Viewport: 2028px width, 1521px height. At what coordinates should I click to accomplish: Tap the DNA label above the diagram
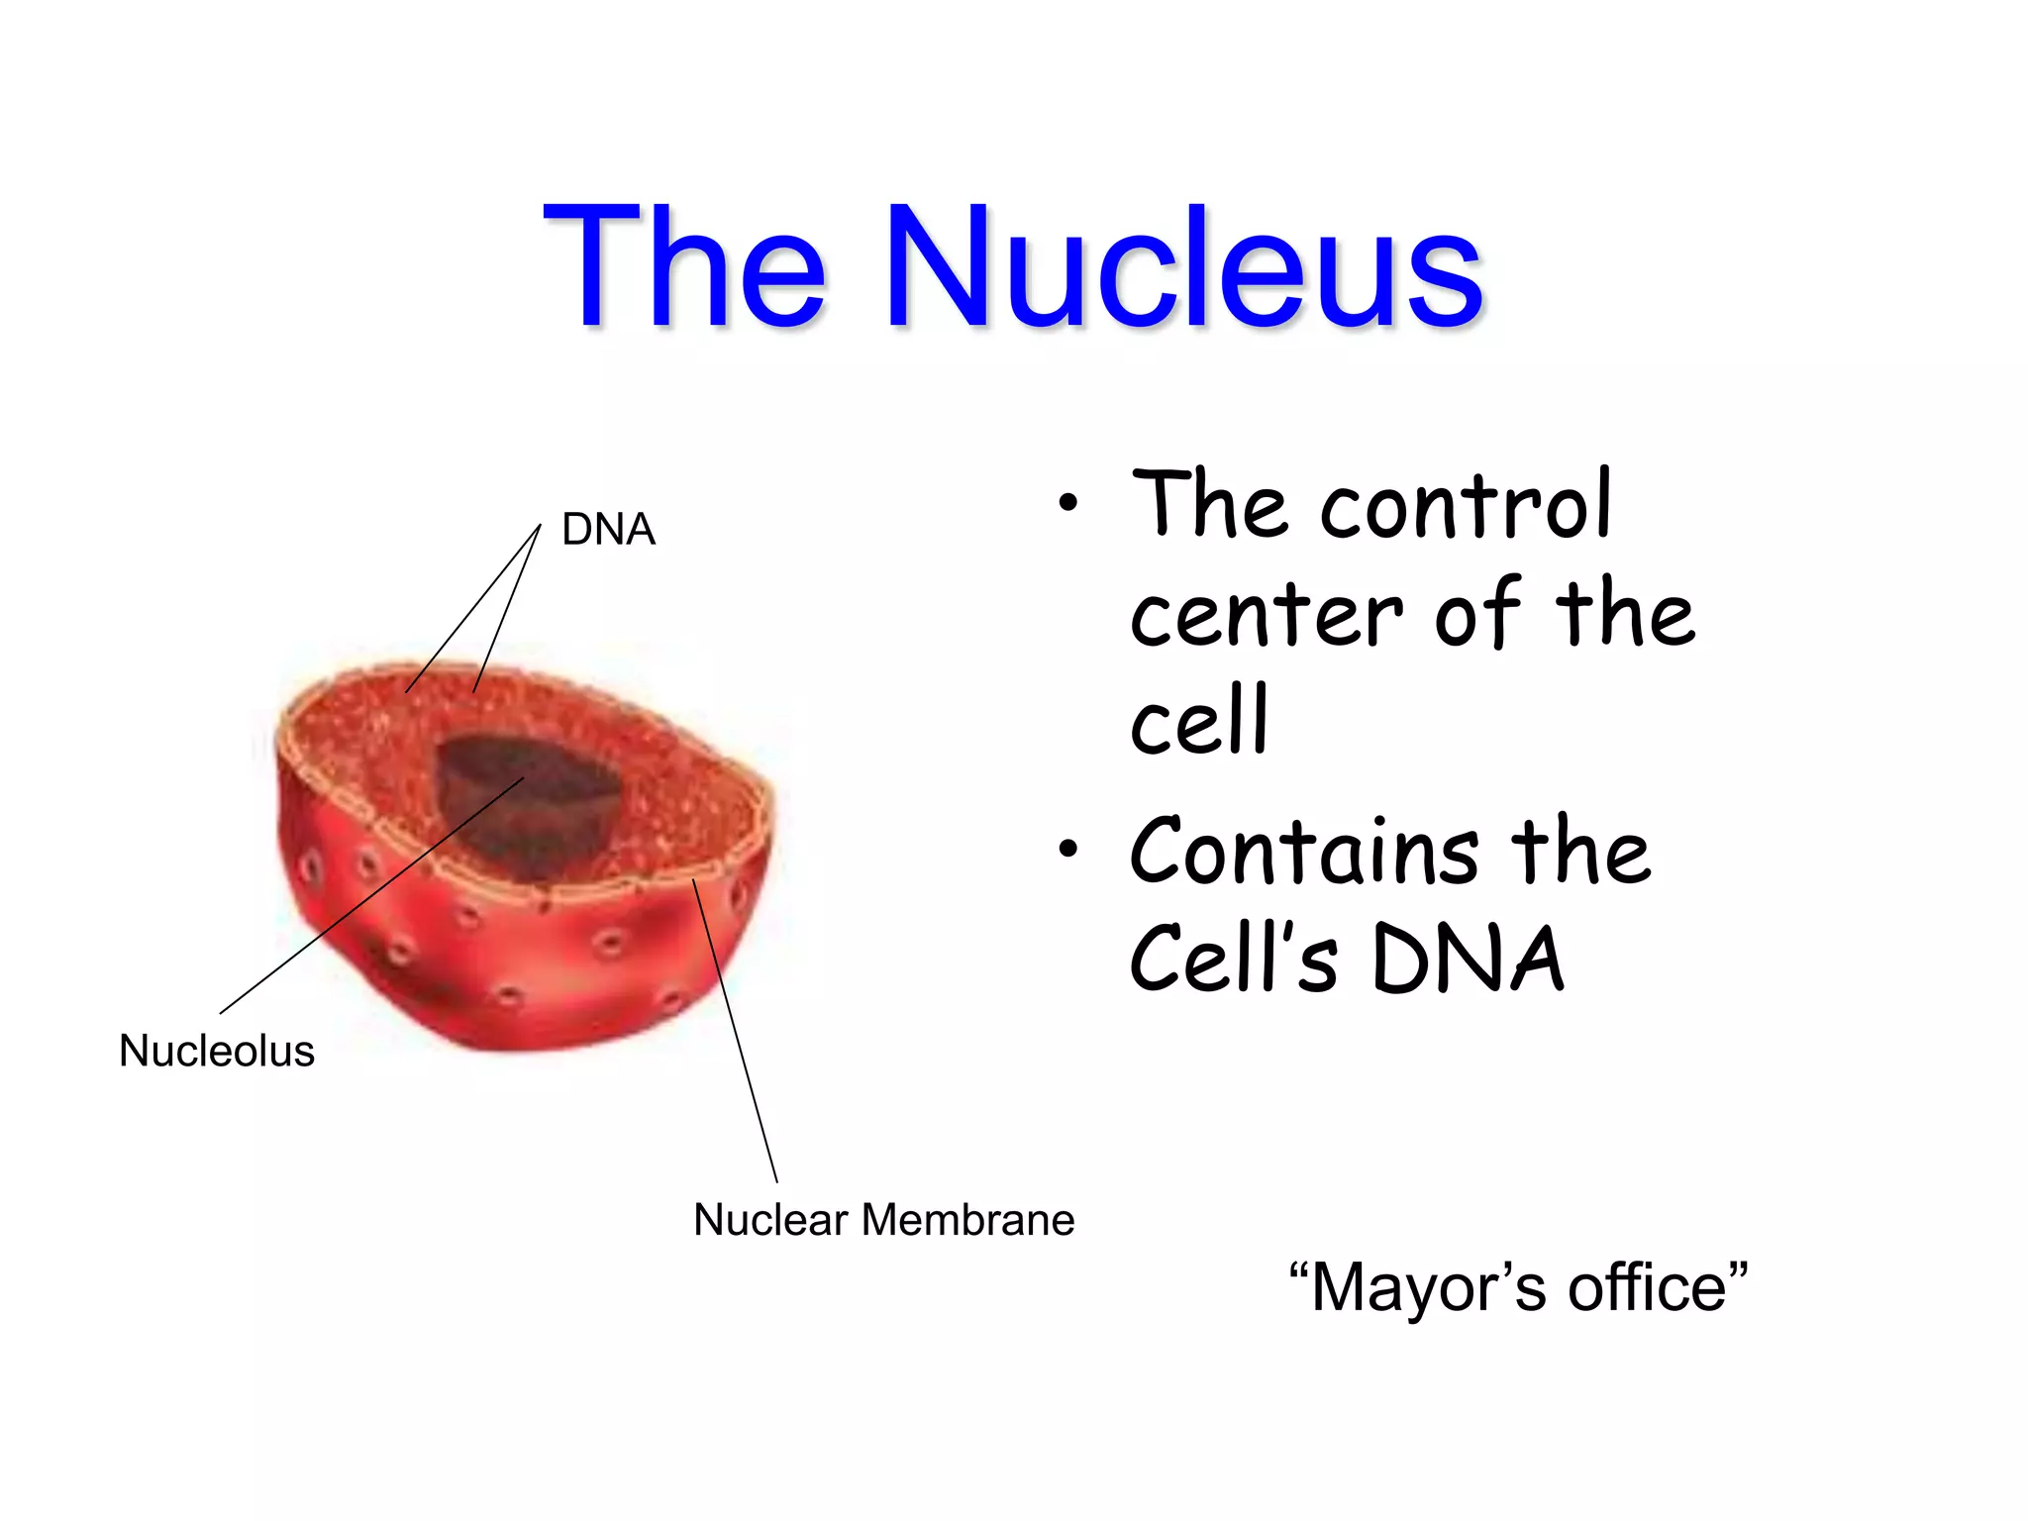(x=608, y=529)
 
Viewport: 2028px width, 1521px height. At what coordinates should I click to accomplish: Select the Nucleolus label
(x=217, y=1051)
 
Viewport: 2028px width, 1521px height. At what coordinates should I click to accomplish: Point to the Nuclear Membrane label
(x=883, y=1219)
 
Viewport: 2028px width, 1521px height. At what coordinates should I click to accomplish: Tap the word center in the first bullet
(x=1267, y=617)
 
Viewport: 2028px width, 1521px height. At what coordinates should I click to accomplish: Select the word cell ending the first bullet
(x=1199, y=721)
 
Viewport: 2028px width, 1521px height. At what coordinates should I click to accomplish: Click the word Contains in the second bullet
(x=1304, y=852)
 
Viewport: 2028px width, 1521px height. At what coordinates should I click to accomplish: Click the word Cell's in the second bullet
(x=1234, y=959)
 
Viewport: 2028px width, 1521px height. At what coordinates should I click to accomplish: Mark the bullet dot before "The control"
(x=1066, y=503)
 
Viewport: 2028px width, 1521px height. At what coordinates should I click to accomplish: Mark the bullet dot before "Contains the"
(x=1066, y=849)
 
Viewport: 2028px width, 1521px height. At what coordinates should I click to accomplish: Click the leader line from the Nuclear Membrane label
(x=735, y=1030)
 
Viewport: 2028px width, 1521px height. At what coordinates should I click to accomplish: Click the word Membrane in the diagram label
(x=967, y=1219)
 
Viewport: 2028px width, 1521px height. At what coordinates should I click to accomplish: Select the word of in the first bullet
(x=1476, y=615)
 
